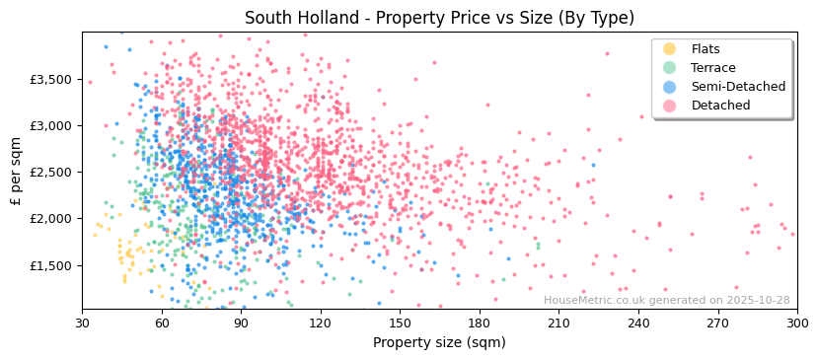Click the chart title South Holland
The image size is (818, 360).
point(439,18)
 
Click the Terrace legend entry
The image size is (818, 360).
point(712,68)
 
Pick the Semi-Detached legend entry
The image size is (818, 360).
point(738,87)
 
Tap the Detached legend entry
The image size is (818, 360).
point(720,106)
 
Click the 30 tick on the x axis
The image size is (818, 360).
point(82,323)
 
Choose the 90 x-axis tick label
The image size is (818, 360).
point(241,323)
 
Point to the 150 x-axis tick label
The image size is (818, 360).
point(400,323)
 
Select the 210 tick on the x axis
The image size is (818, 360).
point(558,323)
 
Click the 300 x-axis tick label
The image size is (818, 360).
point(796,323)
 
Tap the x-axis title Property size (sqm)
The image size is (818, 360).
point(439,342)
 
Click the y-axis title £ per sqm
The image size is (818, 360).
point(17,171)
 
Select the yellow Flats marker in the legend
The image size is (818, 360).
point(670,49)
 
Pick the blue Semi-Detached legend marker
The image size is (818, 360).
point(670,87)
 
